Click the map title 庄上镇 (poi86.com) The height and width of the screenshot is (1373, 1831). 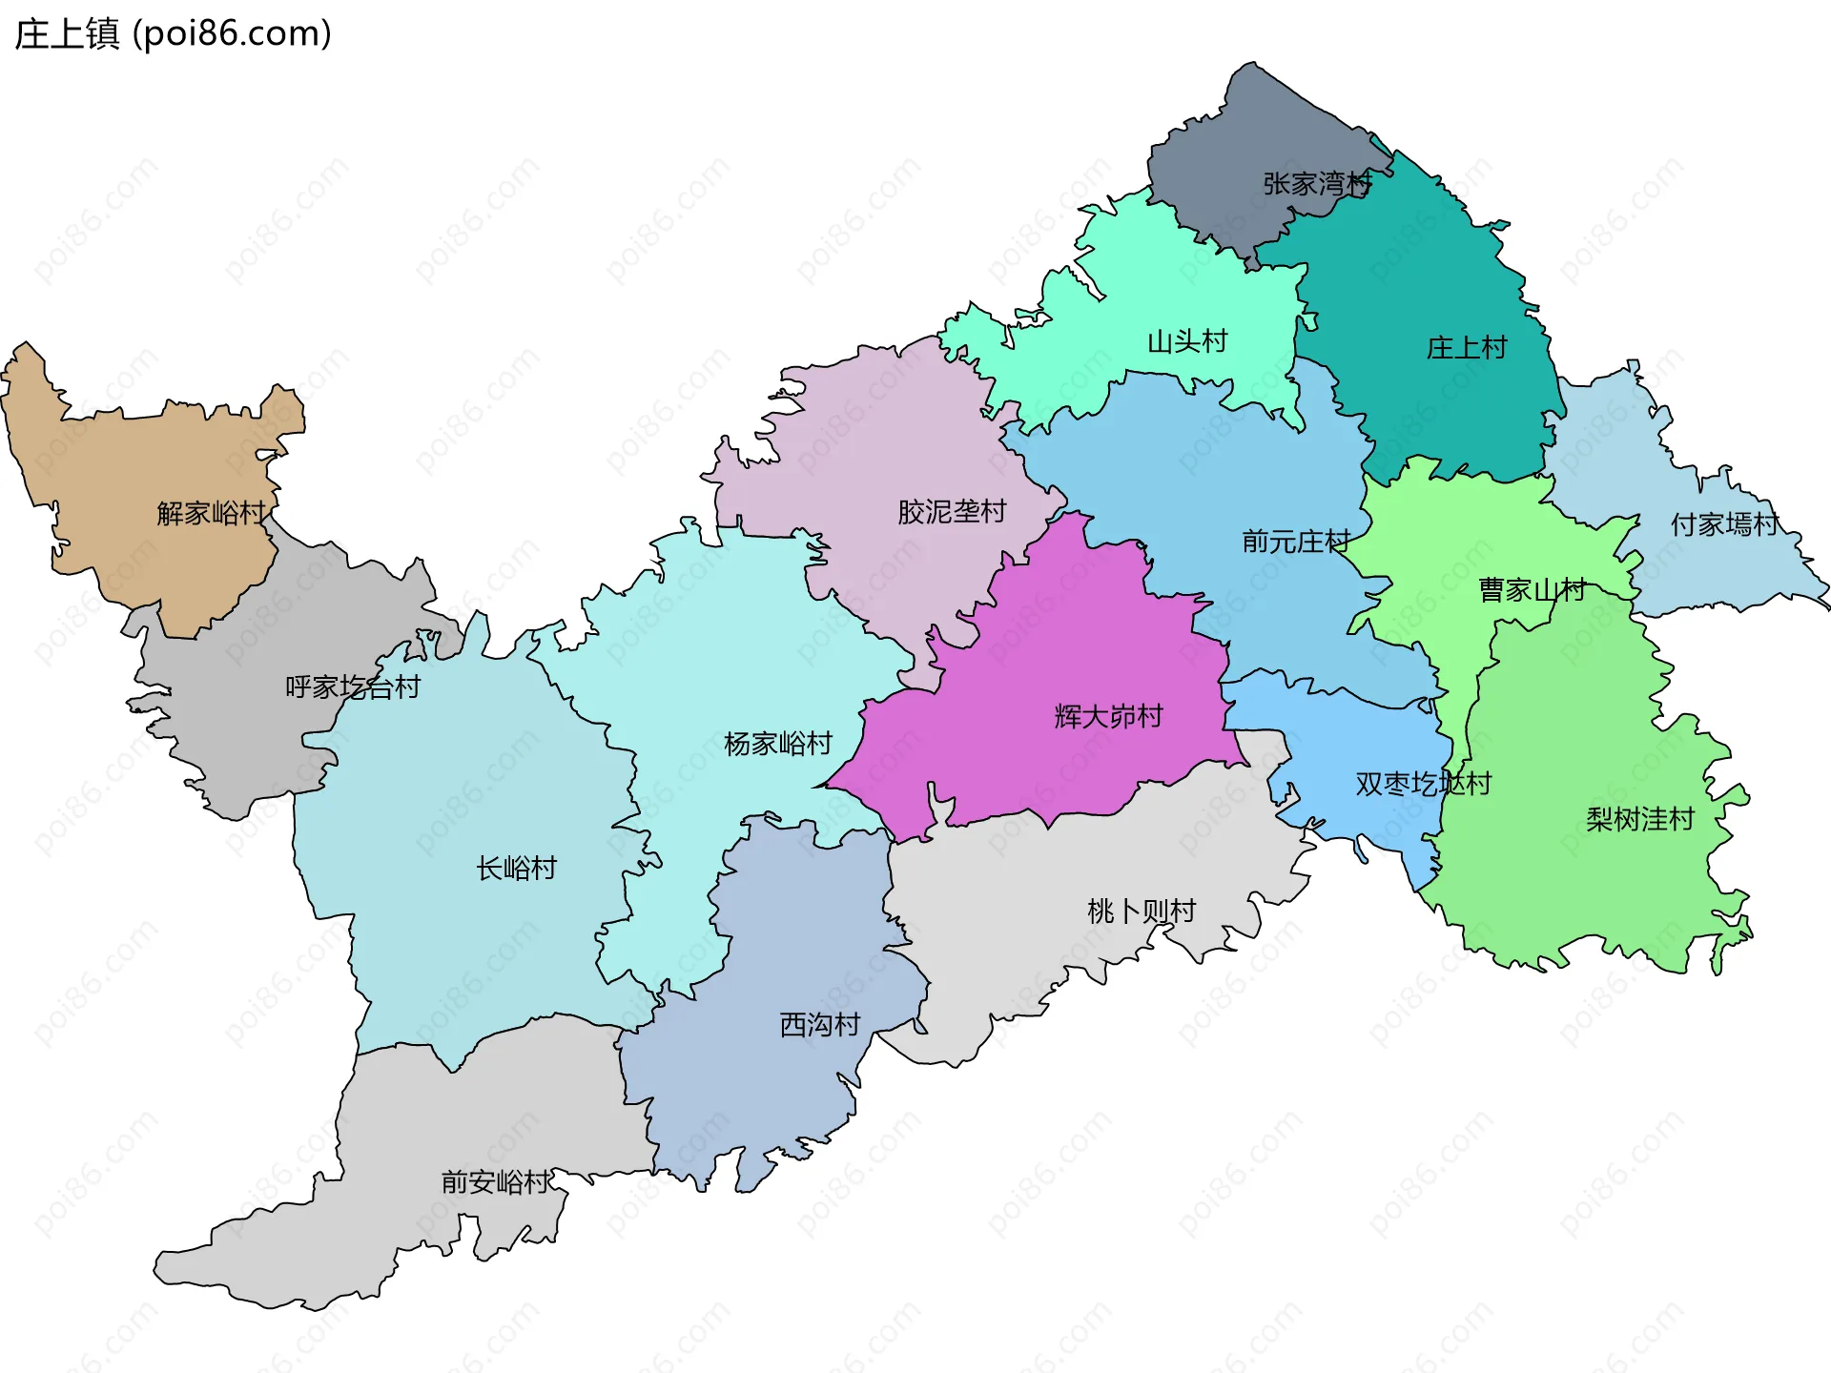(x=173, y=33)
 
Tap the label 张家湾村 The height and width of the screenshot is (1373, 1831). (x=1317, y=183)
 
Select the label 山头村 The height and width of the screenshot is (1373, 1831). (x=1186, y=340)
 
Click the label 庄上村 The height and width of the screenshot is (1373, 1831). (x=1466, y=347)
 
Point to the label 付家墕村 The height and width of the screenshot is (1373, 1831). (x=1724, y=523)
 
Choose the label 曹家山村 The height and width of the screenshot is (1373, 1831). (x=1532, y=589)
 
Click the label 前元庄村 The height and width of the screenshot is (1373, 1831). (x=1295, y=541)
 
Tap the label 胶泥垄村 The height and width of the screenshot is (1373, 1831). (x=951, y=511)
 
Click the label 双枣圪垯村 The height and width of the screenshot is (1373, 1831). (x=1423, y=783)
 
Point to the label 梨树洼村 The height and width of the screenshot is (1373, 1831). (x=1639, y=818)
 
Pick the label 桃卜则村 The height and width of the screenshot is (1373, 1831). (x=1141, y=911)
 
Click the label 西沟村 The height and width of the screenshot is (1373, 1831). (x=819, y=1024)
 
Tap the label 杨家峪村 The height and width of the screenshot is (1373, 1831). (x=777, y=743)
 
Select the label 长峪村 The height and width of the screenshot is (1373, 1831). (x=516, y=868)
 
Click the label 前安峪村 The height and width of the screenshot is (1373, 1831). (x=495, y=1181)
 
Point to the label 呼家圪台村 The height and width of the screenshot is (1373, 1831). (x=352, y=686)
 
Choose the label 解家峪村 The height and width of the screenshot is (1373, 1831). (x=211, y=513)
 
